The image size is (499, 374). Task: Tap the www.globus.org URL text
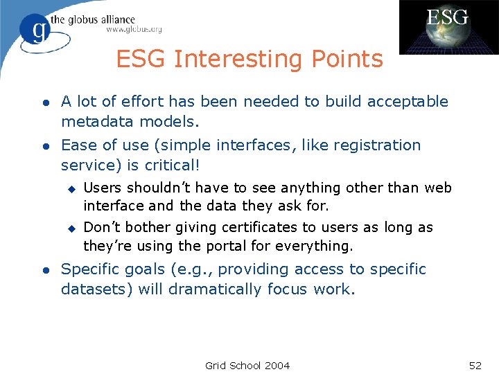[134, 30]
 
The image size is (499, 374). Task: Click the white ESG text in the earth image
[447, 17]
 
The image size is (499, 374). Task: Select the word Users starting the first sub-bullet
[101, 188]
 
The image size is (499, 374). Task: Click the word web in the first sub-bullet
[438, 188]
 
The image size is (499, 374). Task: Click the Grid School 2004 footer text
[247, 365]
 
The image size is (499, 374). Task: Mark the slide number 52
[475, 365]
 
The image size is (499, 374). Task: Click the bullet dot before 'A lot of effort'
[45, 103]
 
